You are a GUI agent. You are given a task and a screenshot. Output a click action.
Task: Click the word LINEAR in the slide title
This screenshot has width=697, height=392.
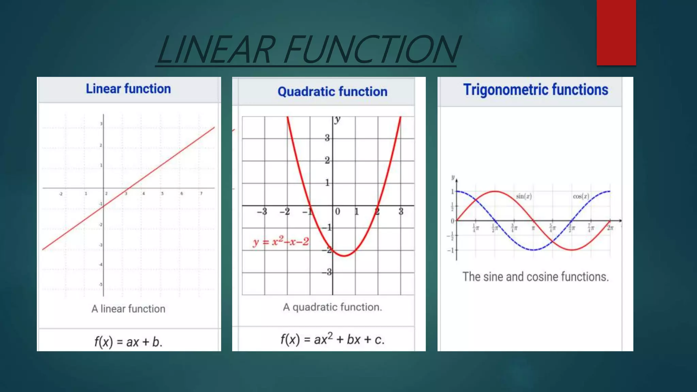(216, 50)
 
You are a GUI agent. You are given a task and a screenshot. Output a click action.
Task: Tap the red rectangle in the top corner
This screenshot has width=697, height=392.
(616, 32)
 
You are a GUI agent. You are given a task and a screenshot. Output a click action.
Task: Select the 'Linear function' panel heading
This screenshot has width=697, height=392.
(128, 89)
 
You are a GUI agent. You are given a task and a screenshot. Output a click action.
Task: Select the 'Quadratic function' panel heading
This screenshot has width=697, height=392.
(332, 92)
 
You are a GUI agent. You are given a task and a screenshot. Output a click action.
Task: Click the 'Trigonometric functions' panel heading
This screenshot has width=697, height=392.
(535, 90)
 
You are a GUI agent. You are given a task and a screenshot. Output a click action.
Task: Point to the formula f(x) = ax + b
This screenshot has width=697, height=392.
(128, 342)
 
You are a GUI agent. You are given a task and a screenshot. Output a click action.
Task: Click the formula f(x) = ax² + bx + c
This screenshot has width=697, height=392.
(332, 340)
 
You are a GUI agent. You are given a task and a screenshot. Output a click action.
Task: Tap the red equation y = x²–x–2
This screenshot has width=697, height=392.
(281, 242)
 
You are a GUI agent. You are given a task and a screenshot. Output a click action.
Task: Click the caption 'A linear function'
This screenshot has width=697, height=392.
(128, 309)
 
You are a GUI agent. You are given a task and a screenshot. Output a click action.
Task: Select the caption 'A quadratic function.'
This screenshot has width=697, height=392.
(332, 307)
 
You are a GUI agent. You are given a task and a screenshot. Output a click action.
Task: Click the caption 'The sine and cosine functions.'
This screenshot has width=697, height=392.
(535, 277)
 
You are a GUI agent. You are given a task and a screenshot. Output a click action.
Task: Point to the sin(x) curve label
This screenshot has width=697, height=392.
(523, 196)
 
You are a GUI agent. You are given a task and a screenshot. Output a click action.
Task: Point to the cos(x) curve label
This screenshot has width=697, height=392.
(581, 196)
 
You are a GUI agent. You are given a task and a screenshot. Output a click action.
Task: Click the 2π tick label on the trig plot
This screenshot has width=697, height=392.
(610, 228)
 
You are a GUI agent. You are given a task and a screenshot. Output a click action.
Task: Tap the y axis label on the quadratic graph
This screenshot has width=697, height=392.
(337, 119)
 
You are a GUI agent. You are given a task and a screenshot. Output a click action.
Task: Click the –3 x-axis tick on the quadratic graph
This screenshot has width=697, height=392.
(262, 212)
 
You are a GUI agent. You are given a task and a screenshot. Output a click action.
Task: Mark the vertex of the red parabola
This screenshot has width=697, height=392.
(344, 256)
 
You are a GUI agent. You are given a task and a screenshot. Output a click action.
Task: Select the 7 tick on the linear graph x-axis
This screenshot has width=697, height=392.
(201, 194)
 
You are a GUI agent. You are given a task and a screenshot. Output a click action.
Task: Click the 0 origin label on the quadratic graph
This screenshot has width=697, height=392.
(337, 212)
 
